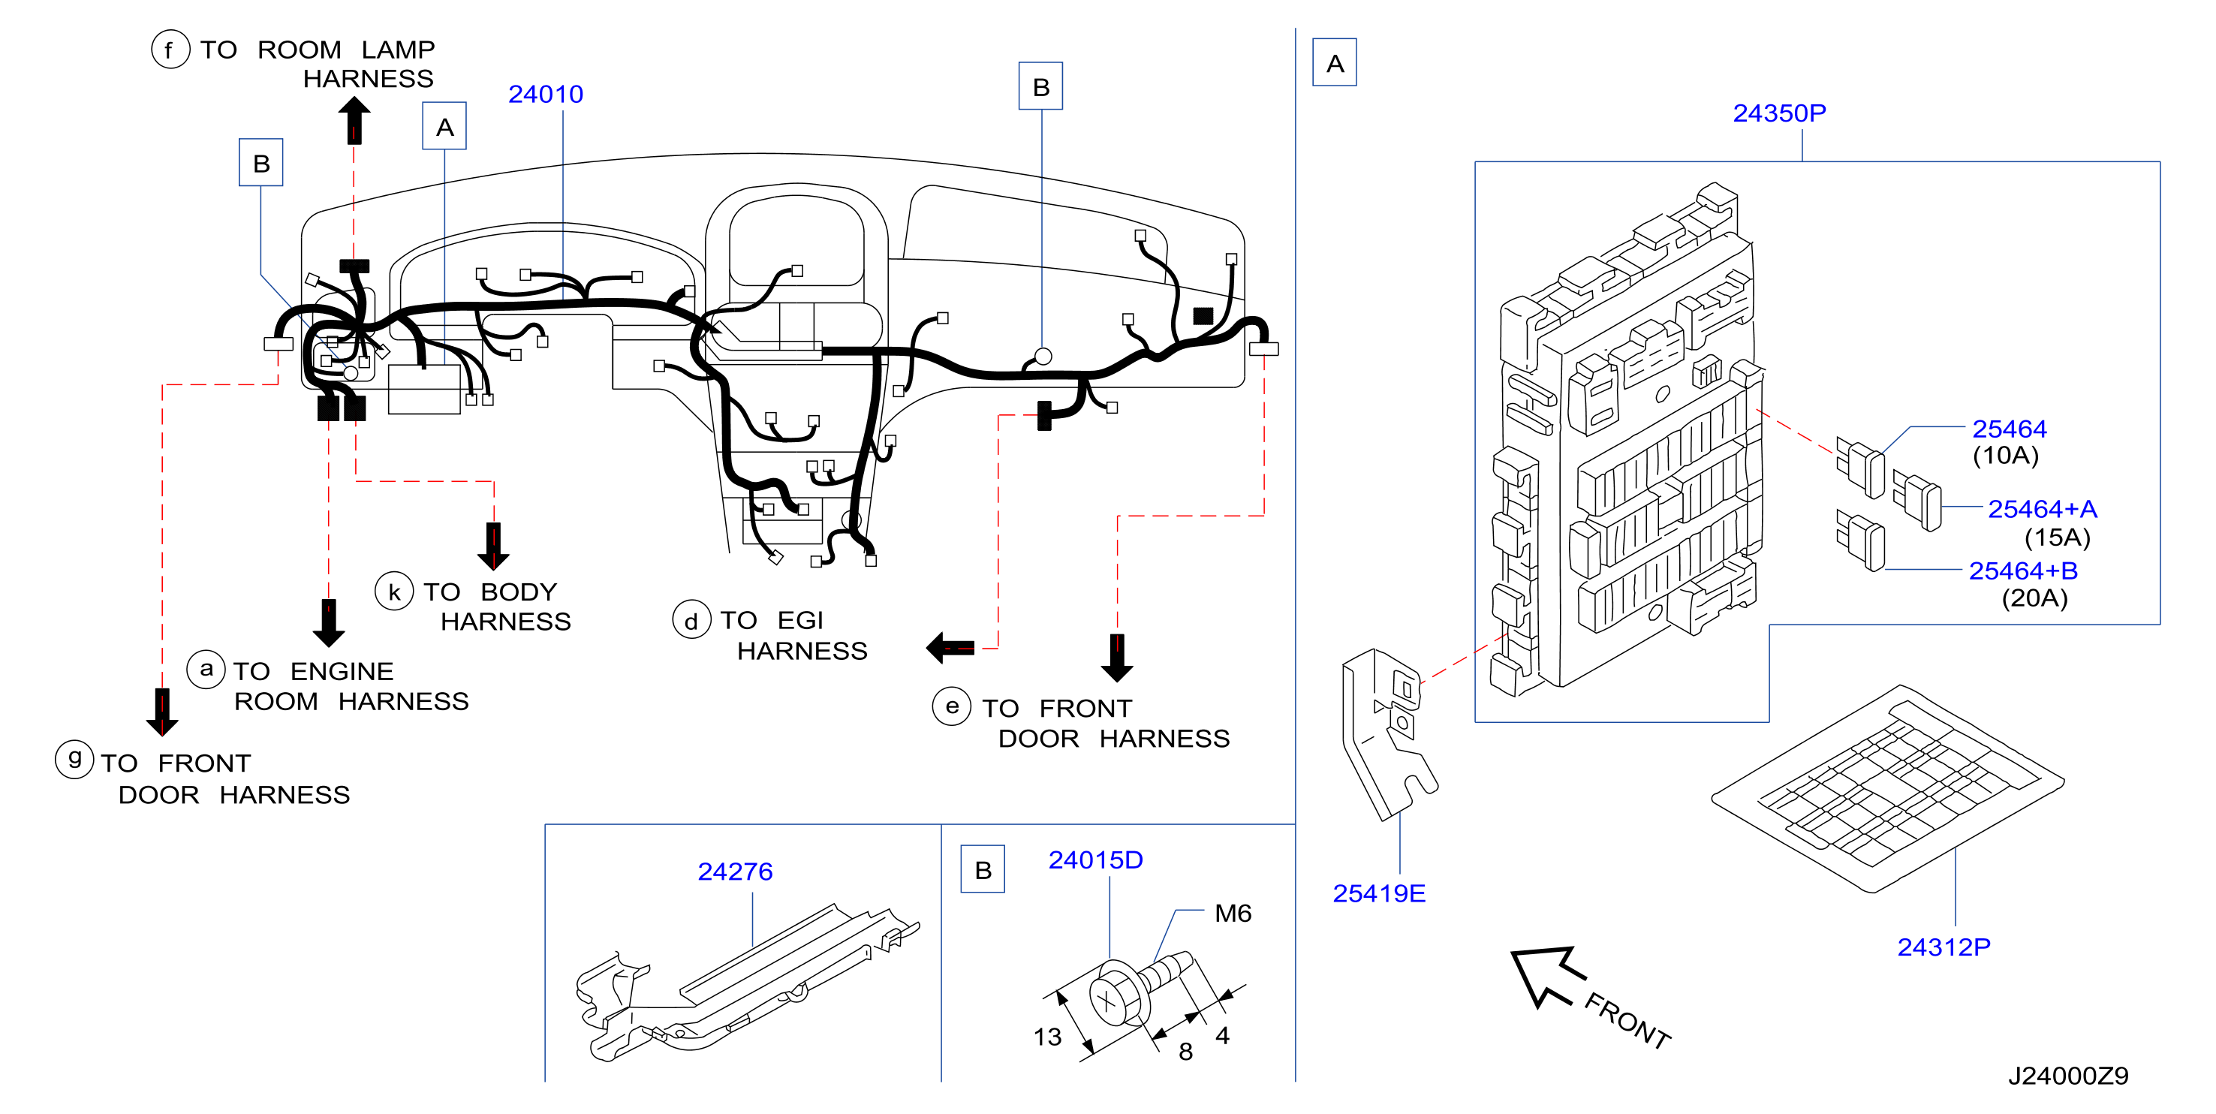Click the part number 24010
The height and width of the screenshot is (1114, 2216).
pyautogui.click(x=546, y=94)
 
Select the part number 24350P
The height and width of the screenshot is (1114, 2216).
pyautogui.click(x=1779, y=113)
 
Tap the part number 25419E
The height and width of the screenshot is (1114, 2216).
pyautogui.click(x=1379, y=893)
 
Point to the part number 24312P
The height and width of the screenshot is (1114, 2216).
pyautogui.click(x=1944, y=947)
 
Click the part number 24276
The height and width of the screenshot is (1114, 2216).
pyautogui.click(x=735, y=872)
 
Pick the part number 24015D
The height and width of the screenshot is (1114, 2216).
pyautogui.click(x=1095, y=860)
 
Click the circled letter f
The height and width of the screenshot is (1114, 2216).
pyautogui.click(x=170, y=50)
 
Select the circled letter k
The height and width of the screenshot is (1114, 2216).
pyautogui.click(x=394, y=592)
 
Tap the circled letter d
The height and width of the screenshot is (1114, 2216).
pyautogui.click(x=691, y=620)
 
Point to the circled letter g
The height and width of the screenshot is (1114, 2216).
pyautogui.click(x=74, y=760)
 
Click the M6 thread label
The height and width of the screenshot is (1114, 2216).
pyautogui.click(x=1233, y=913)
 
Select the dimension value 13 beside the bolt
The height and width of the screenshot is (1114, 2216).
pyautogui.click(x=1047, y=1037)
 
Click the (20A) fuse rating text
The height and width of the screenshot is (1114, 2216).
pyautogui.click(x=2034, y=598)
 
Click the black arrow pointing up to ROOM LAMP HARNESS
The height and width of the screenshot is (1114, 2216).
pyautogui.click(x=354, y=119)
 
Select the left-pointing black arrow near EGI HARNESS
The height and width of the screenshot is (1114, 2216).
pyautogui.click(x=950, y=648)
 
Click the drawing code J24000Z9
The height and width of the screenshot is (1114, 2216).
pyautogui.click(x=2068, y=1075)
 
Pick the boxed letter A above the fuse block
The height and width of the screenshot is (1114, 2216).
pyautogui.click(x=1334, y=63)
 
